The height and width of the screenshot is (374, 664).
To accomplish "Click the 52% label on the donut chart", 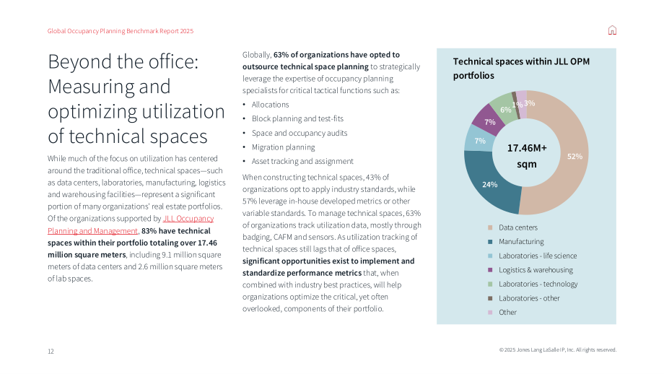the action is coord(575,156).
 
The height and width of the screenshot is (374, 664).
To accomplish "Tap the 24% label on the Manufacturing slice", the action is coord(489,185).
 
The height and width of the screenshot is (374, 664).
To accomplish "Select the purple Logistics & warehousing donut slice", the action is coord(485,117).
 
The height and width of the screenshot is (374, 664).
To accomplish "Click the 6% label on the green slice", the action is coord(506,110).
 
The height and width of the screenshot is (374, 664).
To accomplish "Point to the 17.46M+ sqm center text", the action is coord(527,156).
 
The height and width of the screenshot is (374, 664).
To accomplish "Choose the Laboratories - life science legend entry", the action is coord(533,256).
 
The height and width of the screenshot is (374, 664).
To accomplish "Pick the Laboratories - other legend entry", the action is coord(524,298).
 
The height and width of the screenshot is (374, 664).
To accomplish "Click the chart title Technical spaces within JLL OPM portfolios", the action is coord(521,68).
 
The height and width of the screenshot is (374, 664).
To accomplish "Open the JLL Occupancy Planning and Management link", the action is coord(131,225).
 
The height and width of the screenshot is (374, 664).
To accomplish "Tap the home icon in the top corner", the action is coord(612,30).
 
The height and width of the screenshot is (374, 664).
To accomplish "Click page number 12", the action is coord(51,351).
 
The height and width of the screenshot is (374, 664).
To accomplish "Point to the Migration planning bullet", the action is coord(284,147).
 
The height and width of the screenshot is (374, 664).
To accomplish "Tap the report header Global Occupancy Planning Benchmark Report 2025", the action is coord(121,31).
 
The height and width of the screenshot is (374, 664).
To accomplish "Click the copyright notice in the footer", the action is coord(558,350).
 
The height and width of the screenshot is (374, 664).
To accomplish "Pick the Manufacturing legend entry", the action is coord(516,242).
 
